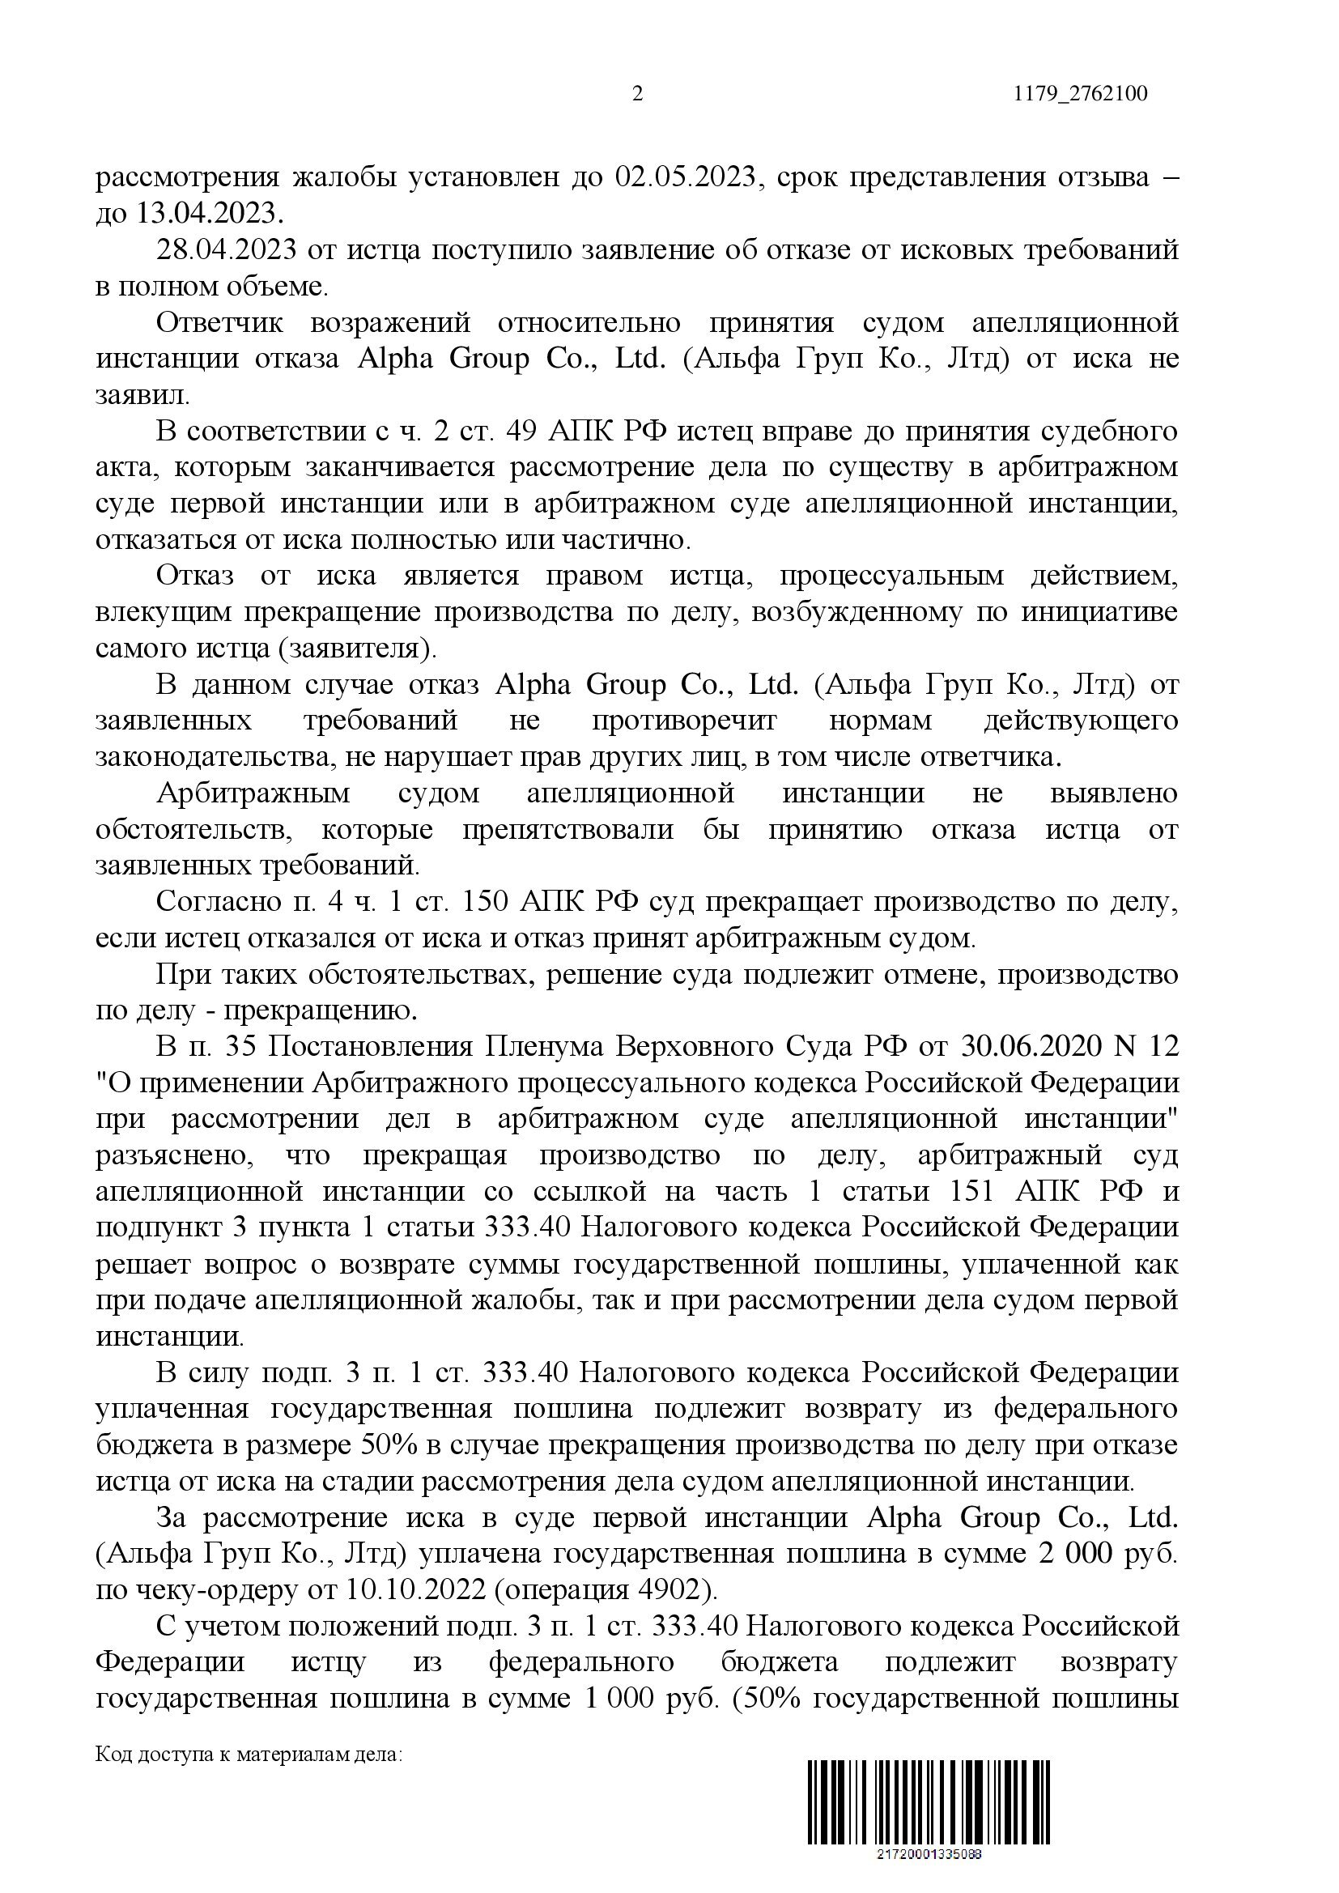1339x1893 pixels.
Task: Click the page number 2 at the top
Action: point(636,94)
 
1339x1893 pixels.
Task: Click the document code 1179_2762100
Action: point(1080,94)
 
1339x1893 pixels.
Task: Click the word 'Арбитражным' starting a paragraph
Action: point(253,793)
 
